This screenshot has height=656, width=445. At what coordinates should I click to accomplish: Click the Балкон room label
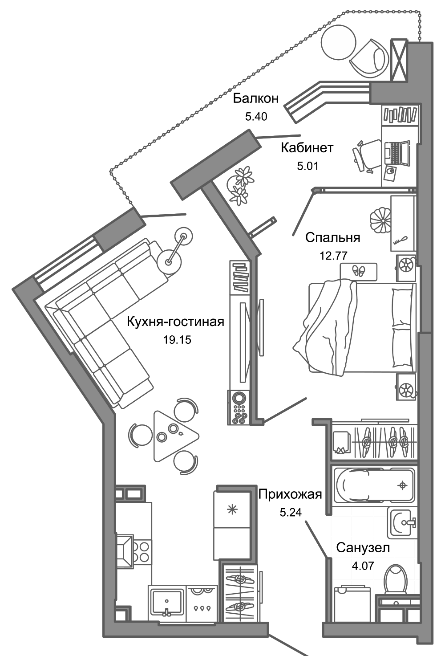(256, 98)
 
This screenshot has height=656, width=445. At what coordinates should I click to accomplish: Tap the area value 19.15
(177, 340)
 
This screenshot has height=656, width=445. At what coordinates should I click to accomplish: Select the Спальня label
(332, 237)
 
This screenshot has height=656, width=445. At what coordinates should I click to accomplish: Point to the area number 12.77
(333, 256)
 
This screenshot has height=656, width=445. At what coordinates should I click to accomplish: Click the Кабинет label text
(307, 148)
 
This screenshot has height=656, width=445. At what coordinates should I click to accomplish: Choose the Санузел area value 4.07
(363, 566)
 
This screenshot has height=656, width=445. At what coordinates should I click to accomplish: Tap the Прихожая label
(290, 494)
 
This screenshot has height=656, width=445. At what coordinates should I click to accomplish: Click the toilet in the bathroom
(396, 579)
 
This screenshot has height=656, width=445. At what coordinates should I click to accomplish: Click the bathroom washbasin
(403, 522)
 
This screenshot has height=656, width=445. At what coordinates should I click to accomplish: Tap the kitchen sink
(166, 601)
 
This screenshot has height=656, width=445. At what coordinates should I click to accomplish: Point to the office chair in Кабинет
(366, 153)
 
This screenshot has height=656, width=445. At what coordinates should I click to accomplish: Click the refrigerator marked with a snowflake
(232, 510)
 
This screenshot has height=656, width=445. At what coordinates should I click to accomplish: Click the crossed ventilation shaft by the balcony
(398, 60)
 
